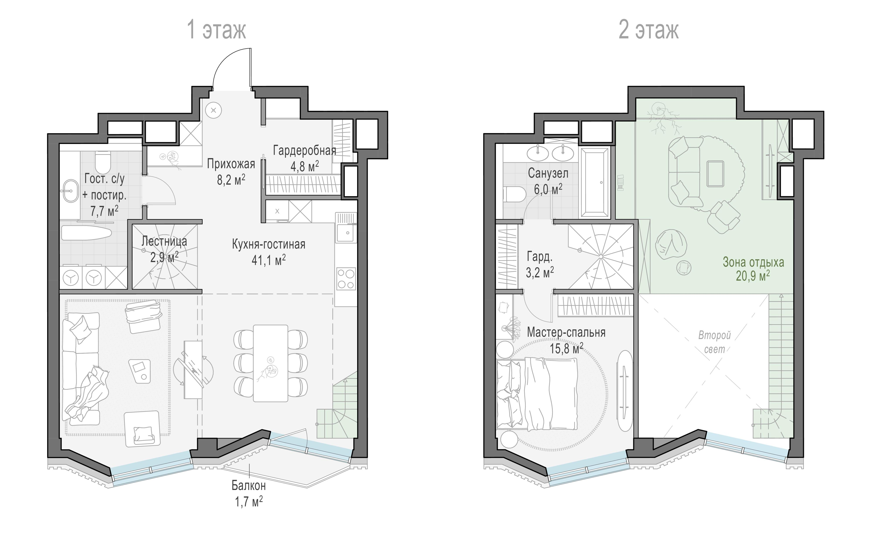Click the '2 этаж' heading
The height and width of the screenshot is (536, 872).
pos(648,30)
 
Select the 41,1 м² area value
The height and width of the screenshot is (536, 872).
pos(269,260)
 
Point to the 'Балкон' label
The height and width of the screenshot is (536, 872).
pos(249,485)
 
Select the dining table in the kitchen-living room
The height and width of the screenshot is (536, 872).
pos(270,363)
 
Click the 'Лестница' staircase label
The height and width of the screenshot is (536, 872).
pos(164,241)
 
